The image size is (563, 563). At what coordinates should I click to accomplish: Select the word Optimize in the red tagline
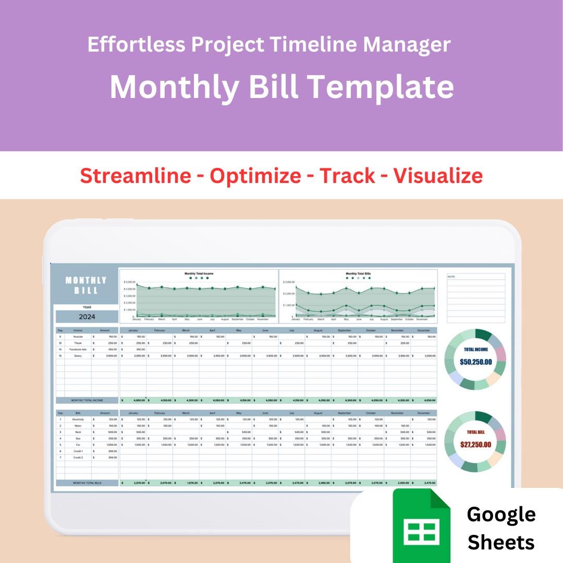pos(255,176)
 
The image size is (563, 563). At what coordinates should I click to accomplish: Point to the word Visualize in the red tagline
pos(438,176)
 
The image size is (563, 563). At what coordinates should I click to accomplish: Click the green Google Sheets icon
pos(421,525)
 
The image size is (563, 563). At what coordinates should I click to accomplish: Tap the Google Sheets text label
pos(501,528)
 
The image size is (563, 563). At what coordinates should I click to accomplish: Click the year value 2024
pos(87,316)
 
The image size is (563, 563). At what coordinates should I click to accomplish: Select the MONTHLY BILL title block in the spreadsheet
pos(86,285)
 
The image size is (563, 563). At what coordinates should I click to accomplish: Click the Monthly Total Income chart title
pos(199,273)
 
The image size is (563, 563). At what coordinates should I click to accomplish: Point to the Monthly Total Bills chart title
pos(358,273)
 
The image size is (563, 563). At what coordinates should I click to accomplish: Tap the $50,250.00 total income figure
pos(475,361)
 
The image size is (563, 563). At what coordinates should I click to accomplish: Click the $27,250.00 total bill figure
pos(475,444)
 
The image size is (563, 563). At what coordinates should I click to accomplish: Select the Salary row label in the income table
pos(78,356)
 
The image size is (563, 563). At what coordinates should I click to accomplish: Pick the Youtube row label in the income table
pos(78,337)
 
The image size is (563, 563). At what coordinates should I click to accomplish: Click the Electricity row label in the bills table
pos(78,419)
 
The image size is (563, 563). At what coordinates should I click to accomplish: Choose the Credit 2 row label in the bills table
pos(78,457)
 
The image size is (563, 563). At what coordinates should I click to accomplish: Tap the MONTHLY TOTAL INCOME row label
pos(87,400)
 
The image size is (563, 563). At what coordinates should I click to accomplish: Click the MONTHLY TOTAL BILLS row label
pos(87,483)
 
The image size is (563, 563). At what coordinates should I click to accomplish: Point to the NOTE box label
pos(451,277)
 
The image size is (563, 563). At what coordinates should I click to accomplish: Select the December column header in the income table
pos(423,331)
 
